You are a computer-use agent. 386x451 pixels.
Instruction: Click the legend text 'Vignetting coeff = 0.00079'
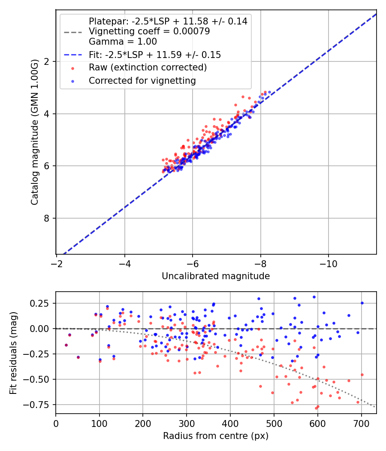pyautogui.click(x=149, y=31)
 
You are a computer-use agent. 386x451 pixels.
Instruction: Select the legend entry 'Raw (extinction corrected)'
pyautogui.click(x=148, y=67)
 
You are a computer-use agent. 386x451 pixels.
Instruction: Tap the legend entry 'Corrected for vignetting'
pyautogui.click(x=142, y=80)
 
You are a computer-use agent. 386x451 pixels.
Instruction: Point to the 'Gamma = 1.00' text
pyautogui.click(x=123, y=42)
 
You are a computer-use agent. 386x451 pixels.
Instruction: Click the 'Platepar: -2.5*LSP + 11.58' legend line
pyautogui.click(x=168, y=21)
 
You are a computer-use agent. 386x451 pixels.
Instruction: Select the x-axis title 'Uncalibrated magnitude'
pyautogui.click(x=216, y=276)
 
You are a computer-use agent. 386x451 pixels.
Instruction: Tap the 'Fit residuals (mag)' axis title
pyautogui.click(x=13, y=352)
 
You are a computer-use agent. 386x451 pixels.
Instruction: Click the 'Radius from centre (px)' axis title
pyautogui.click(x=216, y=436)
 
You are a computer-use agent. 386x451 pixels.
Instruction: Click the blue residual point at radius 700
pyautogui.click(x=362, y=303)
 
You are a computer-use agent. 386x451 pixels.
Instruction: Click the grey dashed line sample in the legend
pyautogui.click(x=73, y=32)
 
